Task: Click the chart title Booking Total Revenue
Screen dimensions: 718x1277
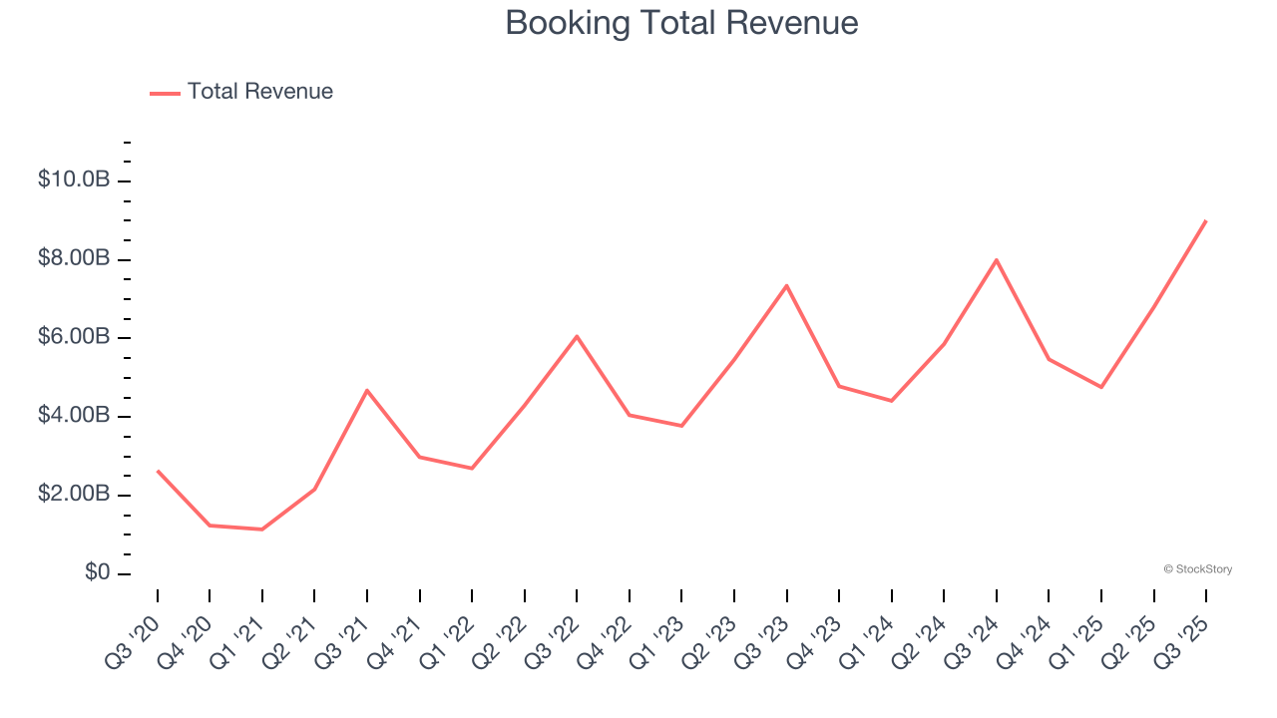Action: click(681, 23)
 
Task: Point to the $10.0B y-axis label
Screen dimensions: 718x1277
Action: click(74, 180)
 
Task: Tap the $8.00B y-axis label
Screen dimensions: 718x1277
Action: click(74, 259)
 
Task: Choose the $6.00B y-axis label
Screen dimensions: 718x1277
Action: click(74, 338)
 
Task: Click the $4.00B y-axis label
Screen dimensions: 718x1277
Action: click(74, 416)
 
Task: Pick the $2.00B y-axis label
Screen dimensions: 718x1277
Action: click(74, 495)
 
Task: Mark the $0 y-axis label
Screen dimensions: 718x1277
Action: click(97, 573)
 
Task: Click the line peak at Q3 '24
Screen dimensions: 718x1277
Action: click(997, 260)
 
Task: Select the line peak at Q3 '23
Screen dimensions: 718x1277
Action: click(787, 286)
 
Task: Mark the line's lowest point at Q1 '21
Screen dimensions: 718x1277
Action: click(262, 530)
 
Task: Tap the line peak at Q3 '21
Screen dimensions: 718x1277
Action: click(367, 390)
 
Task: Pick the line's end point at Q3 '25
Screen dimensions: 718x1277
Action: click(1206, 221)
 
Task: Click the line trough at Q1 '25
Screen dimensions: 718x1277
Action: click(1101, 387)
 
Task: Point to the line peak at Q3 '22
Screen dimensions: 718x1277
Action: click(577, 336)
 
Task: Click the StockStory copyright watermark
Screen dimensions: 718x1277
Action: click(1197, 569)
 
